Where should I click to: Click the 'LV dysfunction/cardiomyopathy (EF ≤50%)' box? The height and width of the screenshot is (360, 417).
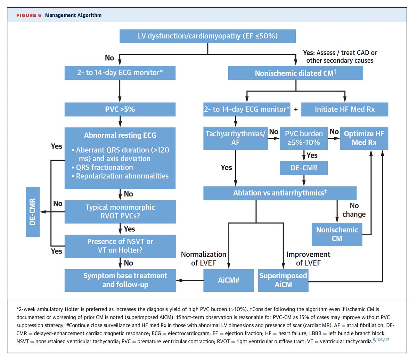coord(207,36)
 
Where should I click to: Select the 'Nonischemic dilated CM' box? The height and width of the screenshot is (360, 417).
coord(295,73)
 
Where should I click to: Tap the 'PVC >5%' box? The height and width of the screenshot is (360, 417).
coord(120,109)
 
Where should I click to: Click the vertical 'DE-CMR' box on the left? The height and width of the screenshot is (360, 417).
coord(33,212)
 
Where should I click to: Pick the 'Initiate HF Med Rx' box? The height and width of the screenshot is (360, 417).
coord(344,109)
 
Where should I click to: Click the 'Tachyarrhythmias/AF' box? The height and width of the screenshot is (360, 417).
coord(235,138)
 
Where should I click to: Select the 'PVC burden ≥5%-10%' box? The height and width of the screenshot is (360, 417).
coord(304,138)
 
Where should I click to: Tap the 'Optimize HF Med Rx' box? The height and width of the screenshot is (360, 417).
coord(364,138)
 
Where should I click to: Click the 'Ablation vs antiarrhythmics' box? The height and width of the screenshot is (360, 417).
coord(280,193)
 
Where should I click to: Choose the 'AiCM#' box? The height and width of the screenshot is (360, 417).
coord(229,280)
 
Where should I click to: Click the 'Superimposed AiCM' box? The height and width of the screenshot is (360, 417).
coord(283,280)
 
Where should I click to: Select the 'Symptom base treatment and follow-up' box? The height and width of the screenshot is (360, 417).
coord(120,280)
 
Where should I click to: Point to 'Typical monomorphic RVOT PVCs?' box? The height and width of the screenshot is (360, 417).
coord(120,211)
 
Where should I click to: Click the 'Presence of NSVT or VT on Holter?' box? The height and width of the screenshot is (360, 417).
coord(120,246)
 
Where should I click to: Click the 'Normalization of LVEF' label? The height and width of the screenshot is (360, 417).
coord(204,259)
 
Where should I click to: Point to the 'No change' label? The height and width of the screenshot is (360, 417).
coord(354,210)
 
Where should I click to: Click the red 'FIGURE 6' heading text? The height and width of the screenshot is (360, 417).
coord(28,15)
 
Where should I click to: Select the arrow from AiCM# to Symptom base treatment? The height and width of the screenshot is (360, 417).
coord(189,280)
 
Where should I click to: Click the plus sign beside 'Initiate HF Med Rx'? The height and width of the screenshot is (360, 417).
coord(296,109)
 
